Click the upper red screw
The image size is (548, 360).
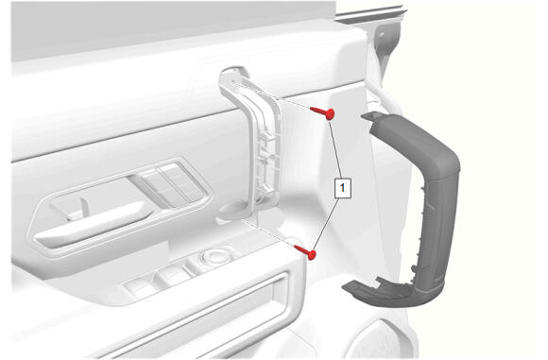[323, 111]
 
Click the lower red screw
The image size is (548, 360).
[306, 251]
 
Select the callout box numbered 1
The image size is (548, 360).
[342, 188]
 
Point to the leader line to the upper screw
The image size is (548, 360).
[334, 148]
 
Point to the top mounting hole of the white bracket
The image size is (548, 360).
[233, 82]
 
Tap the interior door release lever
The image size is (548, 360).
[94, 224]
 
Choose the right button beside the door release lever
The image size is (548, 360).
[180, 180]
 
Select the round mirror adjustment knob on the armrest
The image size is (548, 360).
[216, 257]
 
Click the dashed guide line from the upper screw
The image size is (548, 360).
[272, 96]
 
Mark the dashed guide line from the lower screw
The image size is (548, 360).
[267, 233]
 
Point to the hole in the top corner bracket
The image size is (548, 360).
[381, 35]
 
